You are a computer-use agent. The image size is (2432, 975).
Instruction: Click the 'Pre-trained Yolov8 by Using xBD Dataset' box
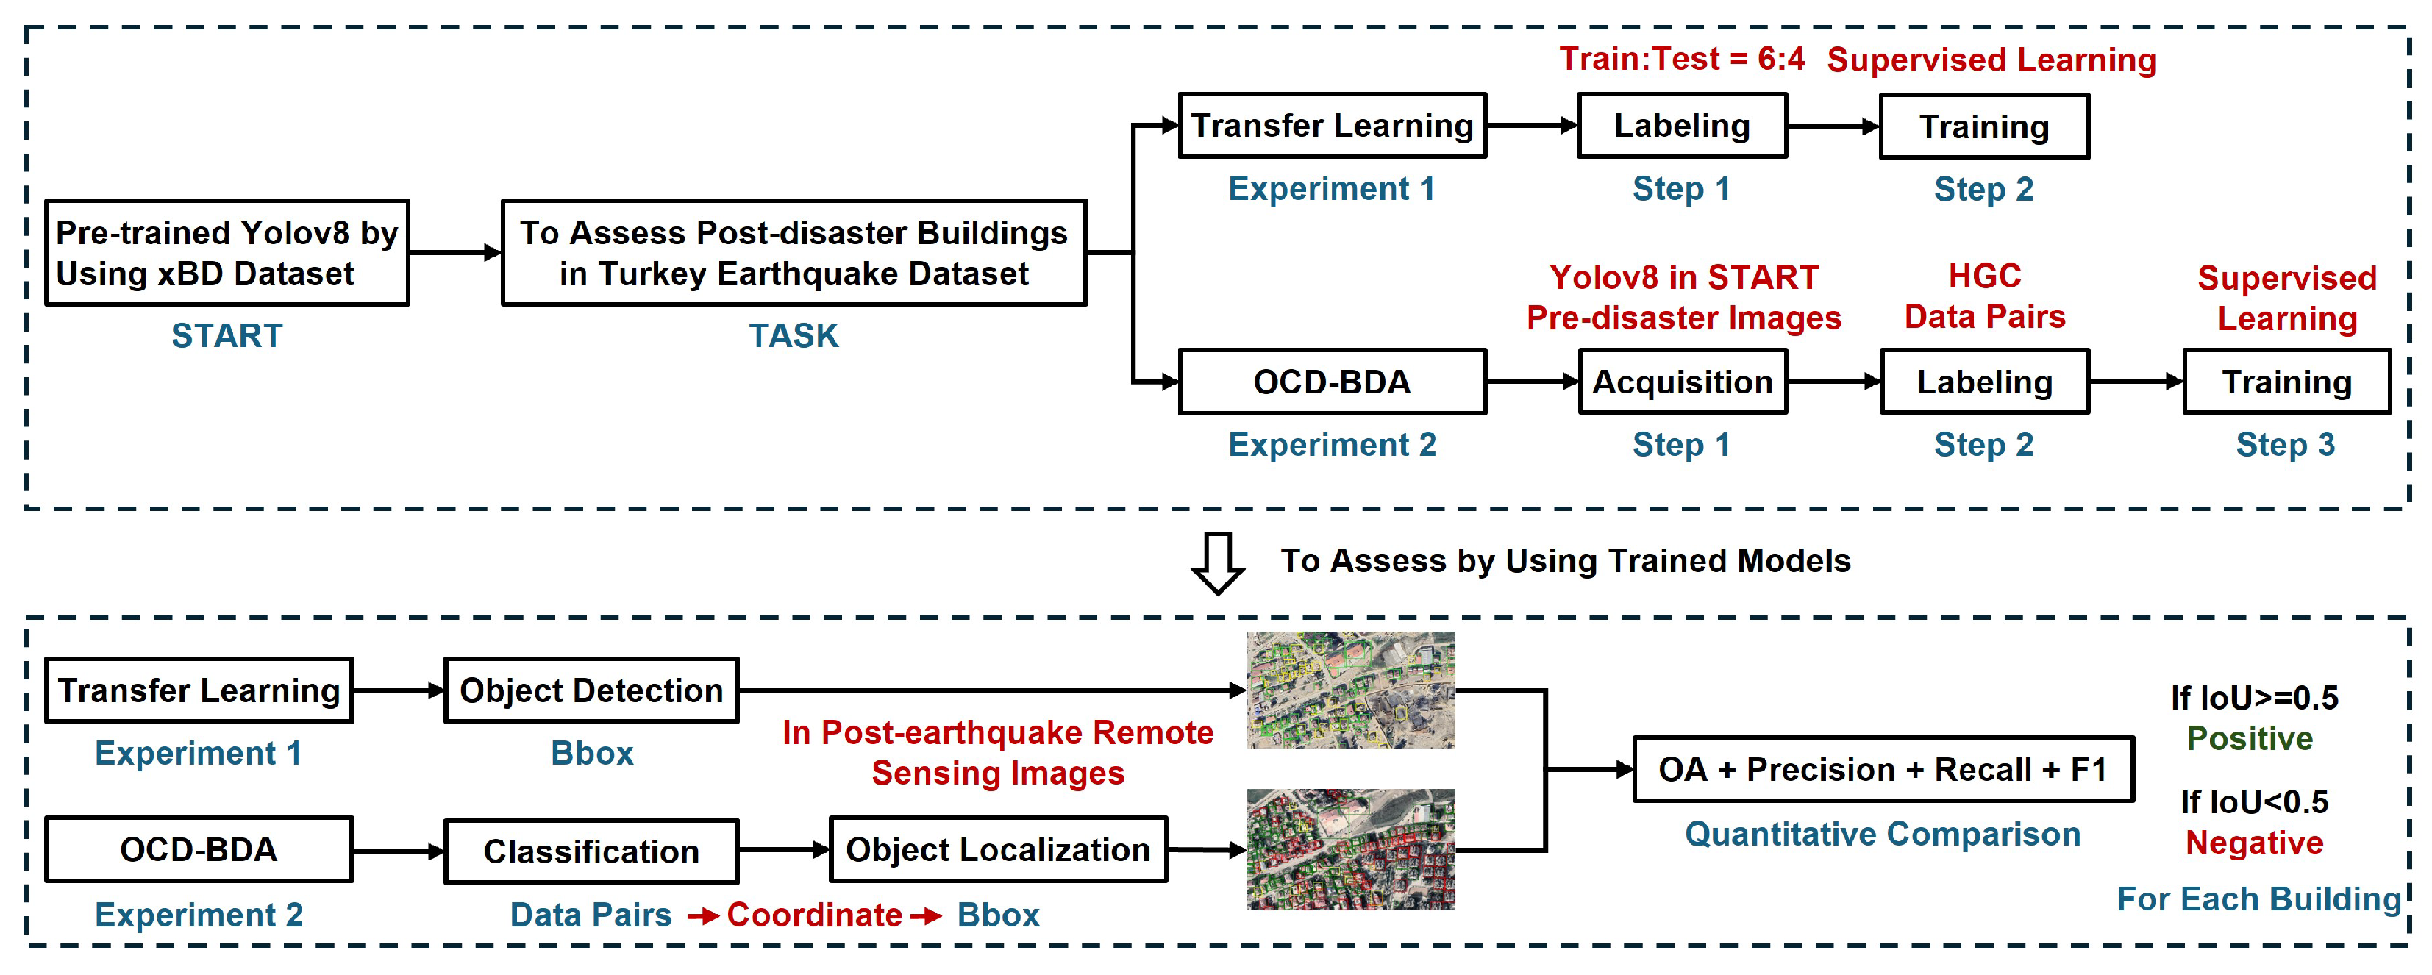point(227,252)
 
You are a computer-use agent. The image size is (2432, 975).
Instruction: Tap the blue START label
point(227,336)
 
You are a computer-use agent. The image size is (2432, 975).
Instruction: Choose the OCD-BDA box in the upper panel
point(1331,382)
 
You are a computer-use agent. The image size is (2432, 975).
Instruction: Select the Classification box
point(591,851)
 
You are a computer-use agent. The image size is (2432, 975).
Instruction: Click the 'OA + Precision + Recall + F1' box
point(1883,769)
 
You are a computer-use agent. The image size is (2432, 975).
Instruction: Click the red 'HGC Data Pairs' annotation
point(1984,296)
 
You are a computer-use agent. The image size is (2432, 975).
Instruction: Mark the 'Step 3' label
point(2285,445)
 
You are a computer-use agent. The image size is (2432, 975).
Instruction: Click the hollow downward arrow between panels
point(1217,562)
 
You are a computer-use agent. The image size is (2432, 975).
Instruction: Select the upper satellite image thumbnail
point(1350,690)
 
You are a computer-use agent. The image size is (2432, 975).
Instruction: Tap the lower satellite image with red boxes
point(1350,849)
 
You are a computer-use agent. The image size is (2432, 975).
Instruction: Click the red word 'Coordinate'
point(814,915)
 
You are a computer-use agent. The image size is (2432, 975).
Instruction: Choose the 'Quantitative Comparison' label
point(1883,835)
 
